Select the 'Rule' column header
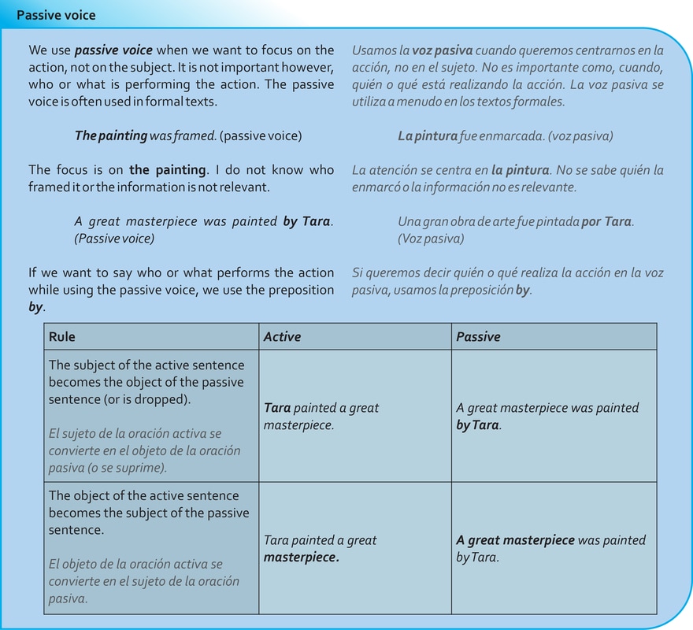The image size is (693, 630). tap(62, 336)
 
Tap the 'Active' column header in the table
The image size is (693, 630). tap(282, 336)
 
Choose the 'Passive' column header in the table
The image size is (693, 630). tap(478, 336)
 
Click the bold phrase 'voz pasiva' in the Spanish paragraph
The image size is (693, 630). tap(442, 50)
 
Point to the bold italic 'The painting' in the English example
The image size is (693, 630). tap(110, 135)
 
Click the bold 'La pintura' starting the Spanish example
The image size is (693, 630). tap(427, 135)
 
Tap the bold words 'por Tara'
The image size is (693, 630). tap(606, 221)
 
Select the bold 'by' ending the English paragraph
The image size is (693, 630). tap(35, 307)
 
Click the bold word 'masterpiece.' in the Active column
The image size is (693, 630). tap(301, 558)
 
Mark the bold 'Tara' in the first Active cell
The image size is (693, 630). tap(277, 408)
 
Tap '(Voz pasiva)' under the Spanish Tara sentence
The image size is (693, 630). tap(431, 239)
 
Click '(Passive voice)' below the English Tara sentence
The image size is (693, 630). tap(114, 239)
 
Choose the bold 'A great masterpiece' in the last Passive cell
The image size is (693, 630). tap(515, 540)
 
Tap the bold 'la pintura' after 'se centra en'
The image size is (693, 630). tap(519, 170)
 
